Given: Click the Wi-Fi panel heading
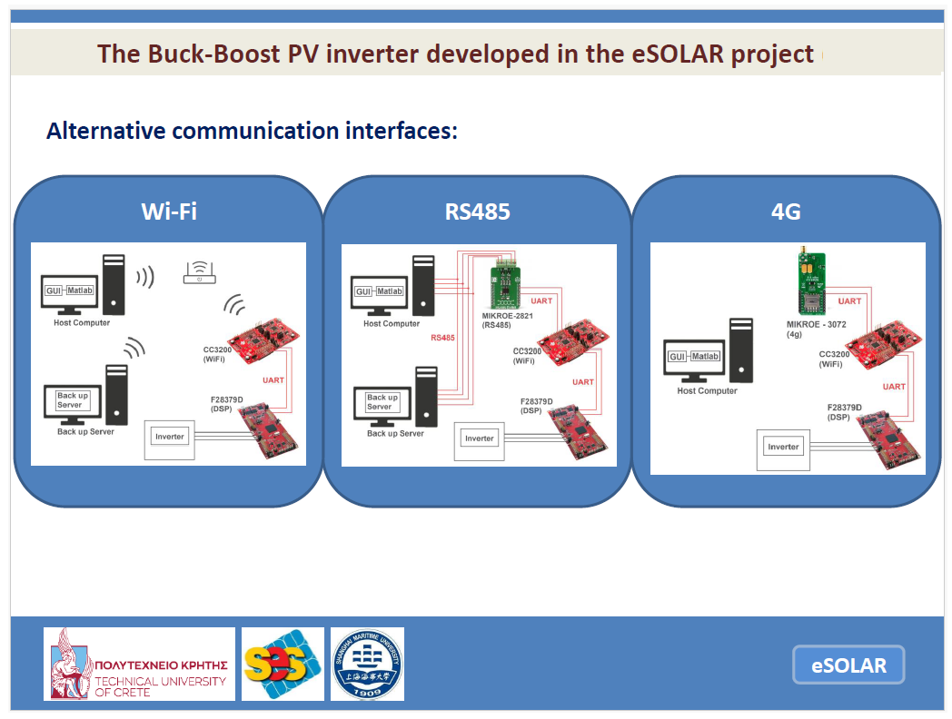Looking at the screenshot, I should click(x=169, y=212).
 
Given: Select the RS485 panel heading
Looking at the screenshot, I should click(x=478, y=212).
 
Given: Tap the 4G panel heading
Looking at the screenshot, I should click(x=787, y=212).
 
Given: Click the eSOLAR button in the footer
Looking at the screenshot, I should click(x=848, y=665).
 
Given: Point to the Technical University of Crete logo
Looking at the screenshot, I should click(x=139, y=664).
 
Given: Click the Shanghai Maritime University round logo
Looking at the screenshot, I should click(x=367, y=664).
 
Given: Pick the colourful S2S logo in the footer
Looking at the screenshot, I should click(x=283, y=664).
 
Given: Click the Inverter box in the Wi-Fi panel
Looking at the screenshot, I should click(x=170, y=437).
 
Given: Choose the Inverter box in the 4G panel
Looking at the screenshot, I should click(x=783, y=448).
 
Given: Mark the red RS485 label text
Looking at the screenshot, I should click(x=443, y=338).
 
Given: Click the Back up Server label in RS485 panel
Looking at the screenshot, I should click(x=395, y=434).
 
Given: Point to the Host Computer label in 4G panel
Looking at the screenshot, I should click(x=707, y=391).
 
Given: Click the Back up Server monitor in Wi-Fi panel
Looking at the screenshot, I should click(x=72, y=400).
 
